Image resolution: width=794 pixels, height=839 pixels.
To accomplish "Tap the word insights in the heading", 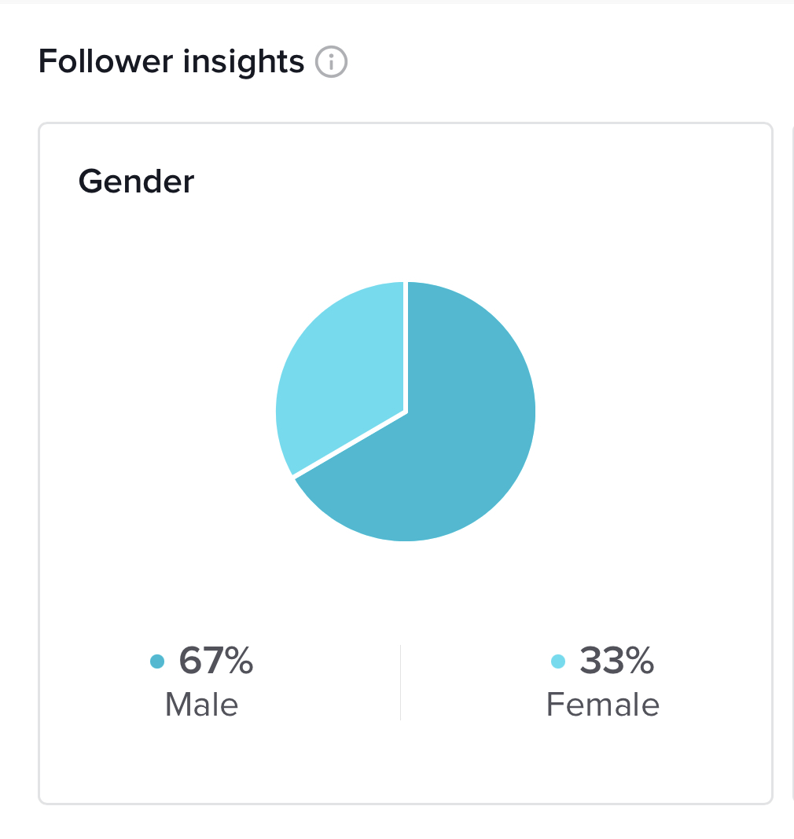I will point(244,61).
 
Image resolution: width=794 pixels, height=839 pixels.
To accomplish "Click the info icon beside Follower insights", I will point(331,61).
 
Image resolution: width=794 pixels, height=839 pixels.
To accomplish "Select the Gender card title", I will point(136,181).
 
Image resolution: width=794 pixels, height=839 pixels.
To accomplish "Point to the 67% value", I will point(215,661).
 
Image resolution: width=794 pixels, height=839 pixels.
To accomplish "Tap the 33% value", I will point(616,661).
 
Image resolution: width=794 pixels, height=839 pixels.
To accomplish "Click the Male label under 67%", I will point(201,704).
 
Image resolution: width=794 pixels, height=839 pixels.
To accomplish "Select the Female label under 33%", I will point(603,704).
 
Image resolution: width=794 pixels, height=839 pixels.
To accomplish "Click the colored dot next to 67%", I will point(157,661).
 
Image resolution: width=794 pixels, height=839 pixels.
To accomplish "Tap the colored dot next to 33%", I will point(558,661).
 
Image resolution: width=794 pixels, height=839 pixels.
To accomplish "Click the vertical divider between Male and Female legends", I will point(400,682).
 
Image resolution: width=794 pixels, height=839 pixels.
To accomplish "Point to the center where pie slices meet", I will point(406,411).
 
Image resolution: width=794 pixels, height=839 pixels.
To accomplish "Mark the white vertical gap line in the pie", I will point(406,346).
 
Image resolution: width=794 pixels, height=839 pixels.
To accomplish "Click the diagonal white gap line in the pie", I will point(350,444).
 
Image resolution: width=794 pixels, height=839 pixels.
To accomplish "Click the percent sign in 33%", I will point(640,661).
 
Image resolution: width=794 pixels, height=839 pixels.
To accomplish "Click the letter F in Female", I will point(554,704).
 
